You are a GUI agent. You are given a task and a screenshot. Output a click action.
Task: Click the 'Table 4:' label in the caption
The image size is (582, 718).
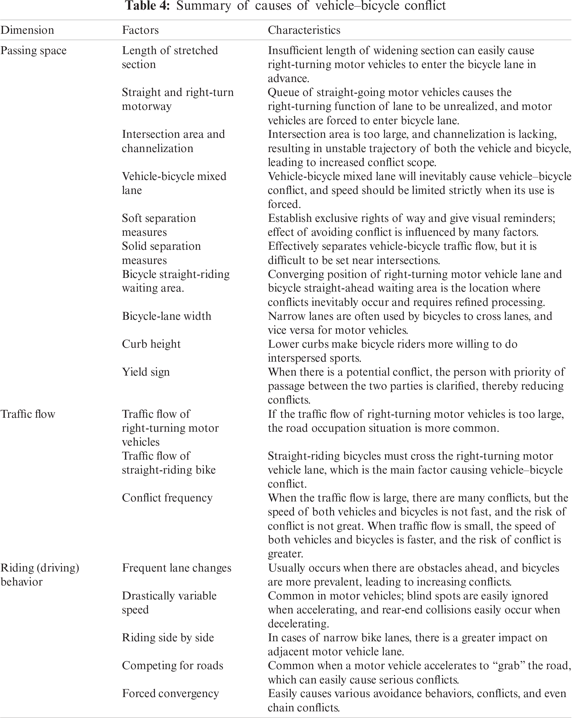pos(147,6)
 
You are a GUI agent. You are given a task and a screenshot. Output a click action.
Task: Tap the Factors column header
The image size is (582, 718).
pos(140,30)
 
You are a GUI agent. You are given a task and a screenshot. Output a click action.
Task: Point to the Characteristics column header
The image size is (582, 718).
pos(304,30)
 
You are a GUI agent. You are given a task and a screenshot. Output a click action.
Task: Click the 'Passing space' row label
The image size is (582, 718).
pos(33,51)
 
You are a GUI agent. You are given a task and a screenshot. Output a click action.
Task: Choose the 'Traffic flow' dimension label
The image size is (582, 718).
pos(28,414)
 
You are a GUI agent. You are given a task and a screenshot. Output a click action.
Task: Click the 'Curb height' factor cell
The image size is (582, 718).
pos(151,344)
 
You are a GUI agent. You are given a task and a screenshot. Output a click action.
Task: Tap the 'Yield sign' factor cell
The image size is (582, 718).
pos(146,372)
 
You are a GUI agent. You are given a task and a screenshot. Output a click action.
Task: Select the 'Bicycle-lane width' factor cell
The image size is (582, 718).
pos(167,316)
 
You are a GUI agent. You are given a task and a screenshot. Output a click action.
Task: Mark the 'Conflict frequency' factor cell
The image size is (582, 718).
pos(167,498)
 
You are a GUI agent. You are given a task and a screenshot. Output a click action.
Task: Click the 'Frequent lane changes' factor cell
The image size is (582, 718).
pos(177,568)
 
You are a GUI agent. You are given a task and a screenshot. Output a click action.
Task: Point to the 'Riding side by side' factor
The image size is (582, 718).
pos(168,637)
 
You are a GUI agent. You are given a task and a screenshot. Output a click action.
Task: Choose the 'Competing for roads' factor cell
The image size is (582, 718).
pos(172,665)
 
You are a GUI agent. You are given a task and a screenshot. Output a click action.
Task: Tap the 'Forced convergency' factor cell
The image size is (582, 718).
pos(170,693)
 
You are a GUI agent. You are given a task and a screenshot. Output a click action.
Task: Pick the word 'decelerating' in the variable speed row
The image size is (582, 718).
pos(298,624)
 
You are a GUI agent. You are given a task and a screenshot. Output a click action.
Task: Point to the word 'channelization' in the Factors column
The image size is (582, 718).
pos(158,149)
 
